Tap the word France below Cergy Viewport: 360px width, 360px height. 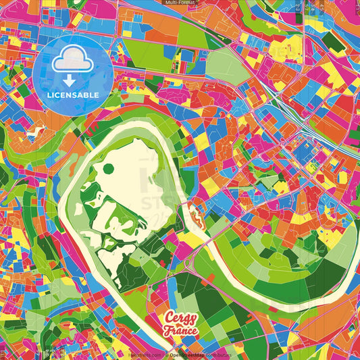(180, 331)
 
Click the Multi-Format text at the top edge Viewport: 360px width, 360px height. (180, 3)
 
